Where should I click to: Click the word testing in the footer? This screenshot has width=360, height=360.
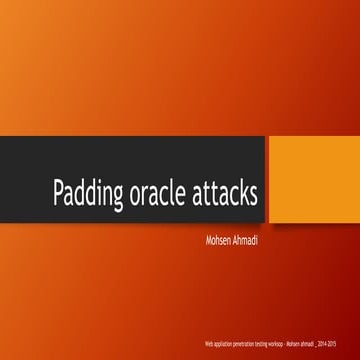pyautogui.click(x=262, y=341)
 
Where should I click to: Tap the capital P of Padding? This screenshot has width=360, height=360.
pyautogui.click(x=59, y=193)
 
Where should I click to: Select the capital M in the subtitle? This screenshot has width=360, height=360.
pyautogui.click(x=206, y=239)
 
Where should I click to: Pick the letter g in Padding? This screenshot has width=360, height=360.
pyautogui.click(x=116, y=197)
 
